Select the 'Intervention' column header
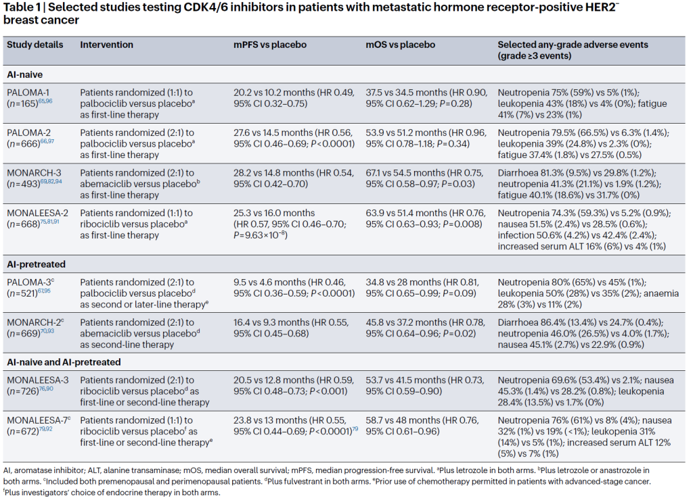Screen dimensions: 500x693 (106, 45)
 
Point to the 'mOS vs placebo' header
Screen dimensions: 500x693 (400, 45)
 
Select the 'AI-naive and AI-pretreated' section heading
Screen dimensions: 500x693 (64, 362)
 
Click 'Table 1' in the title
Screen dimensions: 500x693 (24, 8)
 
